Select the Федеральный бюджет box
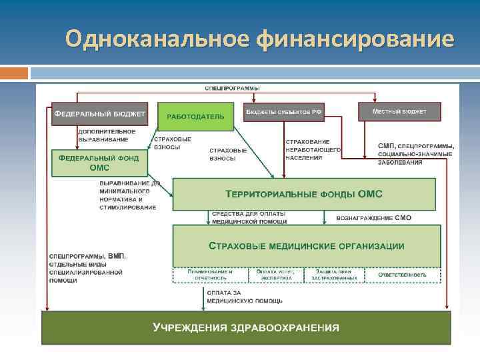coord(99,113)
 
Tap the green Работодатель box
coord(195,116)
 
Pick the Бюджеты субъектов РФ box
coord(283,111)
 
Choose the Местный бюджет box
coord(400,111)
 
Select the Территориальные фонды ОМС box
coord(306,193)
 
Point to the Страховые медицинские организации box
coord(306,245)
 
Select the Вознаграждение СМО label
coord(369,217)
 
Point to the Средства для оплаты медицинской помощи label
coord(249,217)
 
